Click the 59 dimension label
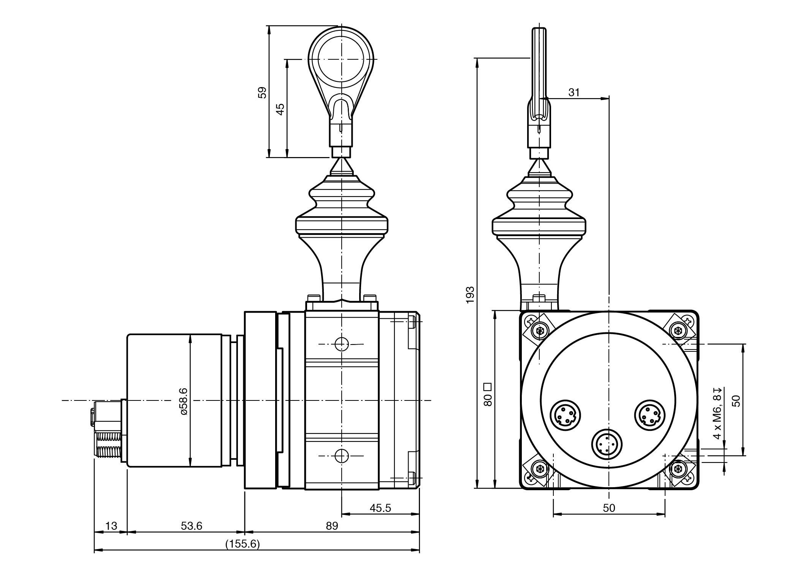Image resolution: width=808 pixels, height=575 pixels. [262, 93]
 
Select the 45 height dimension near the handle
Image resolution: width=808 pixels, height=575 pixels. [280, 109]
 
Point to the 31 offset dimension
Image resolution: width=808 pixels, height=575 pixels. [574, 92]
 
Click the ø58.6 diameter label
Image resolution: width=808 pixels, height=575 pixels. [184, 401]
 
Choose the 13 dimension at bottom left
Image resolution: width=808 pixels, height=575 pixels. [111, 526]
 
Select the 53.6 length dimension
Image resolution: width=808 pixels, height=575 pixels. [192, 526]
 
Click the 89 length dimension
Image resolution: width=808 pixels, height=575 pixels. [332, 526]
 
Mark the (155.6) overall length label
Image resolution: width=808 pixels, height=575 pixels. [242, 544]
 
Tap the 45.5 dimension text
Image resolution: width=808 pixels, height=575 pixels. [380, 508]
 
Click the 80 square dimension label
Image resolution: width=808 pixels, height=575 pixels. [488, 395]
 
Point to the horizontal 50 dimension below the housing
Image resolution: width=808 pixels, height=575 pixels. [608, 508]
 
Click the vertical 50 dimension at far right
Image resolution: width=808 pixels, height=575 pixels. [736, 401]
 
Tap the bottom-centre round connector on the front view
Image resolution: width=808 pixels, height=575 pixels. [607, 443]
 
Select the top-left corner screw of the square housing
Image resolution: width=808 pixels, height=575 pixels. [539, 330]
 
